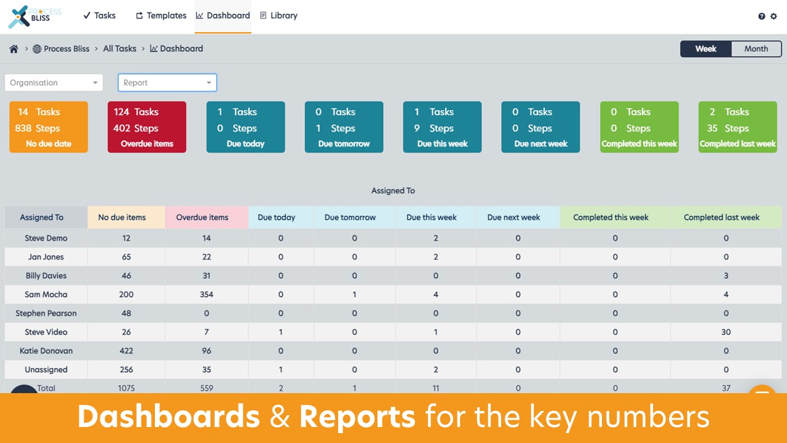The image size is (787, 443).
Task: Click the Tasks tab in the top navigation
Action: tap(100, 15)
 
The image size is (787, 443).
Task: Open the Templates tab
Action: tap(161, 15)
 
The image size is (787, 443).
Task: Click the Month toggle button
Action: tap(756, 49)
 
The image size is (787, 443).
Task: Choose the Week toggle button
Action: tap(706, 49)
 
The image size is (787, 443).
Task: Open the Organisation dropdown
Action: tap(54, 82)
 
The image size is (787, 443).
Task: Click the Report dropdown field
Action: tap(167, 82)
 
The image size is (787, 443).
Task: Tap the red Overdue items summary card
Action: tap(147, 127)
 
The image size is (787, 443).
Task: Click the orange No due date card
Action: tap(49, 127)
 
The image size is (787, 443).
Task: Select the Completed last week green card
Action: tap(737, 127)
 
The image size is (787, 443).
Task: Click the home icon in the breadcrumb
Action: tap(14, 49)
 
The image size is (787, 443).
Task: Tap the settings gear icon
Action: tap(773, 17)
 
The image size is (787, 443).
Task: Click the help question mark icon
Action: tap(762, 17)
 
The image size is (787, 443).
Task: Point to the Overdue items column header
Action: tap(202, 217)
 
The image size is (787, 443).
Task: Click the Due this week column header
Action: tap(431, 217)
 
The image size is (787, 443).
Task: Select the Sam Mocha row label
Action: tap(46, 295)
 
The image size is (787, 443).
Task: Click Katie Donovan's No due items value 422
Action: tap(126, 351)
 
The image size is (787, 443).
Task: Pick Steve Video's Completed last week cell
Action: tap(726, 332)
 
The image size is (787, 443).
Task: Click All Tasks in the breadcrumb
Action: tap(119, 49)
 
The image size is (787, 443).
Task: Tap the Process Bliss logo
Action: tap(34, 16)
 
